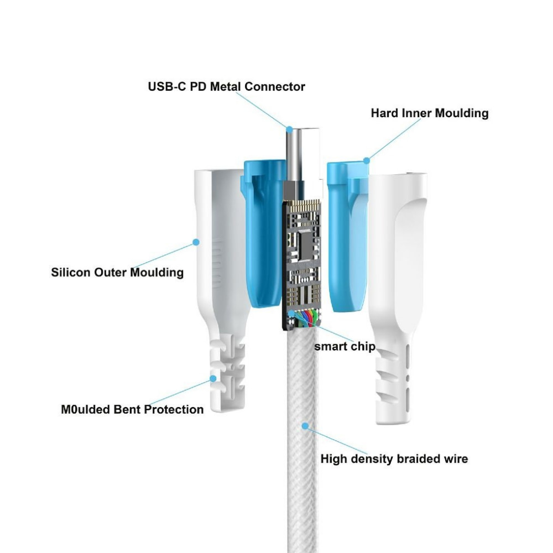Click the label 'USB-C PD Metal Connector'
coord(226,87)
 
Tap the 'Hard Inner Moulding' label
coord(429,113)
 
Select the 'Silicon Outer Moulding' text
coord(117,272)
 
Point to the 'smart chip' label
coord(345,347)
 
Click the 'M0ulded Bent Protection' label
coord(132,410)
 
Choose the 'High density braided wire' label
coord(394,459)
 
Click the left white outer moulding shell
coord(218,249)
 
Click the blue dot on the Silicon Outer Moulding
coord(195,242)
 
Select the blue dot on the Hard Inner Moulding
coord(366,160)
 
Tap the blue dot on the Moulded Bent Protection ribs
coord(213,378)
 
